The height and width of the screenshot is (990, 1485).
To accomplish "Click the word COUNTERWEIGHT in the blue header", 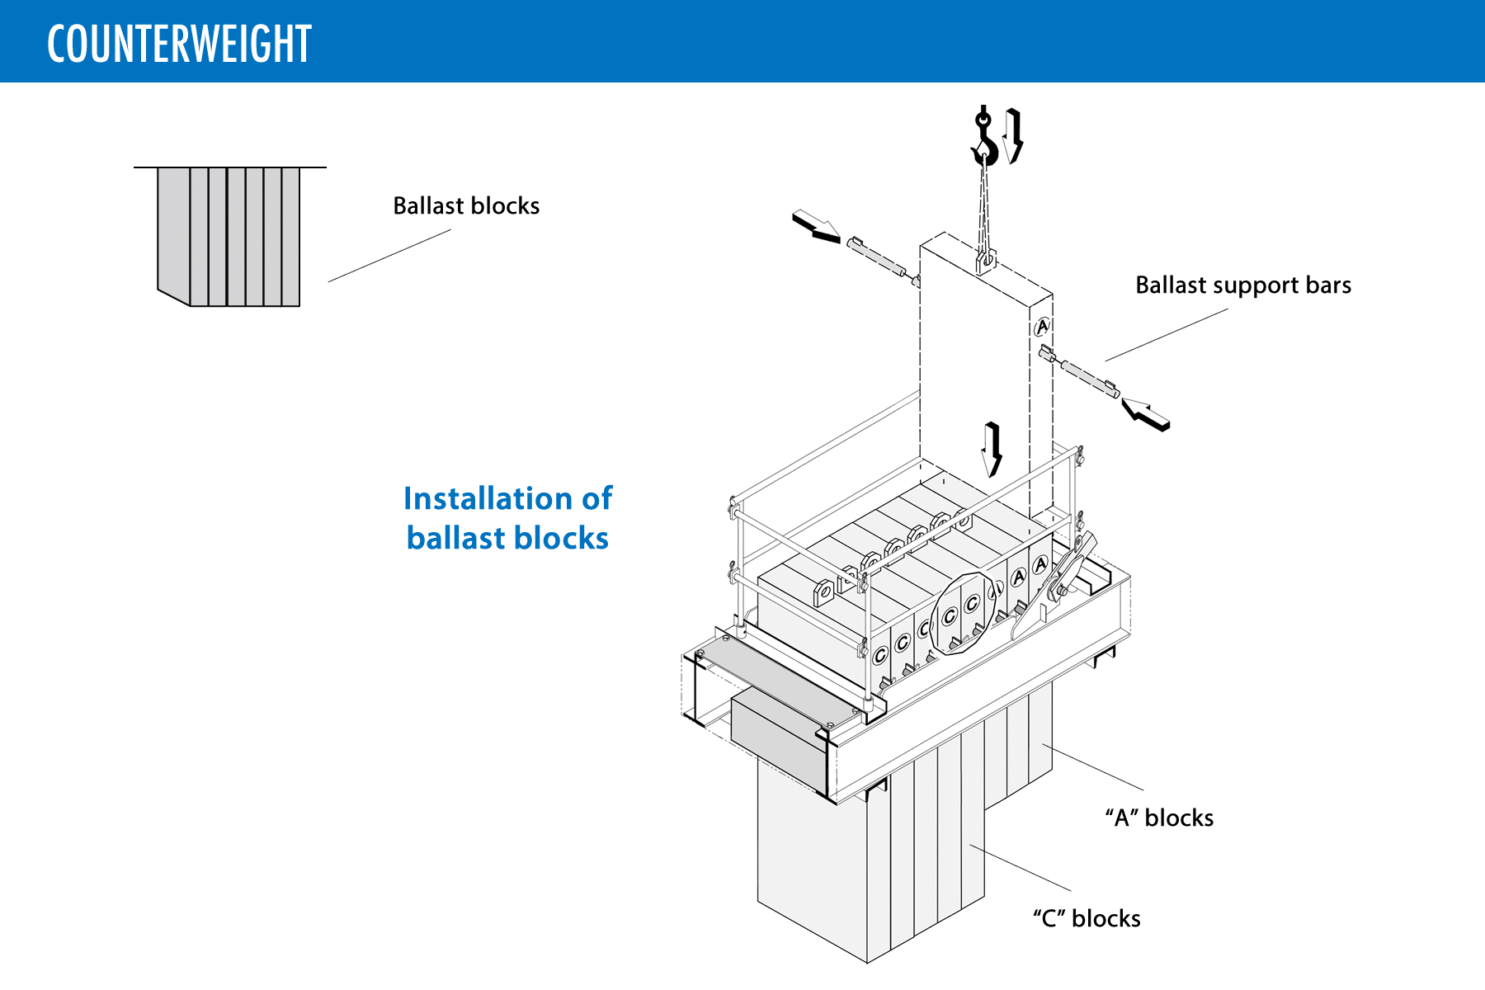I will (x=179, y=44).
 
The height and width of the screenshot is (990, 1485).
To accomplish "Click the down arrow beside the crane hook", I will (x=1014, y=135).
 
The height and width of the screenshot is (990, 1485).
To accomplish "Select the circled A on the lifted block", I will (x=1042, y=326).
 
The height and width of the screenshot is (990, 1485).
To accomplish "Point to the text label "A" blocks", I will (x=1159, y=818).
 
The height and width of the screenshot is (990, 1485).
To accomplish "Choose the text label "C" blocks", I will (x=1087, y=918).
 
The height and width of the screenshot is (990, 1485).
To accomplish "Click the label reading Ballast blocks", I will (x=466, y=205).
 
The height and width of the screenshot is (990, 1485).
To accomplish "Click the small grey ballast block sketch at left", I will (x=229, y=236).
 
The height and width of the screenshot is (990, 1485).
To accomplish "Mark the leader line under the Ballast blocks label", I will (x=389, y=256).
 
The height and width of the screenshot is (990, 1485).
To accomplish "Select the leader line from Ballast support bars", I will (x=1167, y=335).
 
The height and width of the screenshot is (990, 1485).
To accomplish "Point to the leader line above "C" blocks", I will (x=1020, y=867).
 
